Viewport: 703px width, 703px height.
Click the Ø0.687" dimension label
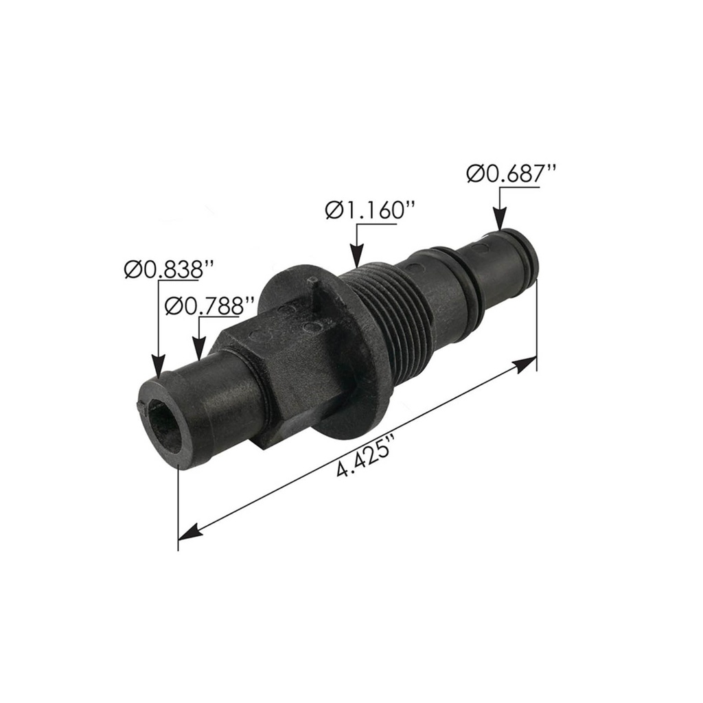(511, 174)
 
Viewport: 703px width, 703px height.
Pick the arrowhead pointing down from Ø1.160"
(356, 258)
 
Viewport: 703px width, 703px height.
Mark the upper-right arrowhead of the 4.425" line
(527, 363)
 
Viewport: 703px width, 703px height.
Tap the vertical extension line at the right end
(536, 316)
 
